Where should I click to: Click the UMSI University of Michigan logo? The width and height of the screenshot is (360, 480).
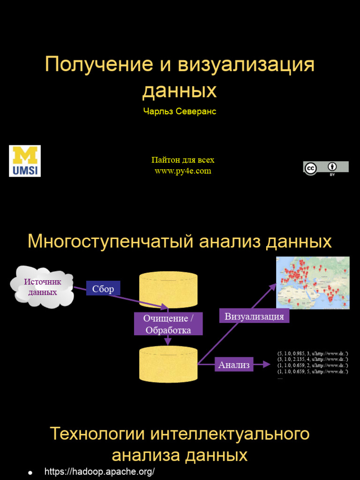(25, 161)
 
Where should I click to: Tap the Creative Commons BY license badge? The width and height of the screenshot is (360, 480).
(326, 168)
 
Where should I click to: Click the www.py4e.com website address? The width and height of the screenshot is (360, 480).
(183, 171)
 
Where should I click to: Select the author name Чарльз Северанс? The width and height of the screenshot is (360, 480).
(180, 112)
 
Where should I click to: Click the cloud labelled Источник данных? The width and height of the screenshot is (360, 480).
(43, 286)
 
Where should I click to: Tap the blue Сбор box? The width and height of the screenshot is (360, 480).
(103, 289)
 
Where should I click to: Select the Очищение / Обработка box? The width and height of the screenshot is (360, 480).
(168, 324)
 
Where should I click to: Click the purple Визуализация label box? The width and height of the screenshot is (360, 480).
(254, 316)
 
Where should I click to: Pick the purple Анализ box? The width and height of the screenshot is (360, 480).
(234, 365)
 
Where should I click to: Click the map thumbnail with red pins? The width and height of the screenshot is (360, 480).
(313, 283)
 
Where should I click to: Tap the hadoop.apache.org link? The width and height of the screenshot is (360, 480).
(99, 472)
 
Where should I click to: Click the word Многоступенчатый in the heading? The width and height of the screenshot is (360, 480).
(110, 242)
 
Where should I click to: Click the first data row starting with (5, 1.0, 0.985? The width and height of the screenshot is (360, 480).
(313, 353)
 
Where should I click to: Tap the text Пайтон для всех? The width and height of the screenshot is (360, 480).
(183, 160)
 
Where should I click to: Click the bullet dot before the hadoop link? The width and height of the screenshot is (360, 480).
(30, 472)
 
